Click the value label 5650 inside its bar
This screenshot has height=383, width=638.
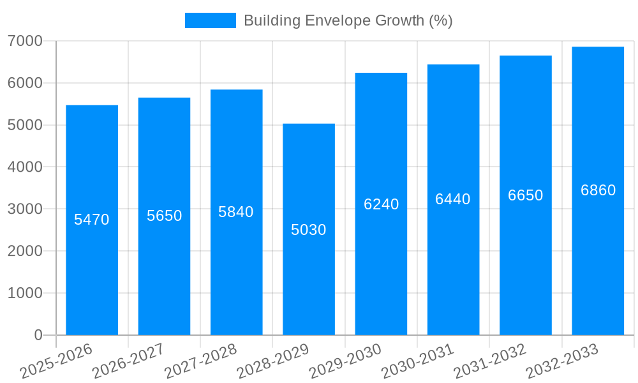click(x=165, y=216)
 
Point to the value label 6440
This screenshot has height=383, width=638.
click(x=453, y=199)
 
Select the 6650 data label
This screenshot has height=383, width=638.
click(x=526, y=195)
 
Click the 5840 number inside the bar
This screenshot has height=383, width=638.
click(x=236, y=212)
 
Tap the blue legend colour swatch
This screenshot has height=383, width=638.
click(x=210, y=20)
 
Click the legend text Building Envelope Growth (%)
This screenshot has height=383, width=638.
click(x=348, y=20)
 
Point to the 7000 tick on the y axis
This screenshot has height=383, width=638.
click(x=25, y=41)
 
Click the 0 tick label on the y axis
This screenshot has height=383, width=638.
click(x=38, y=335)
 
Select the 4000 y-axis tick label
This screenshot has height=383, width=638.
click(x=25, y=167)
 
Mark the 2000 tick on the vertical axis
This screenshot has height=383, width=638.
click(x=25, y=251)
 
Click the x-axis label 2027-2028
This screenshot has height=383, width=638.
click(x=201, y=361)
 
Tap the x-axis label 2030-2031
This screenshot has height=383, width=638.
click(x=418, y=361)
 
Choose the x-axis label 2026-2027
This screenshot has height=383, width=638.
click(x=128, y=361)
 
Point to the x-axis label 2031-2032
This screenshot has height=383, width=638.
click(x=490, y=361)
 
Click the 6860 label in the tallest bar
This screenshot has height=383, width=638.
click(x=598, y=190)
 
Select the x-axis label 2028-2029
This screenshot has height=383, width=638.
click(x=273, y=361)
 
